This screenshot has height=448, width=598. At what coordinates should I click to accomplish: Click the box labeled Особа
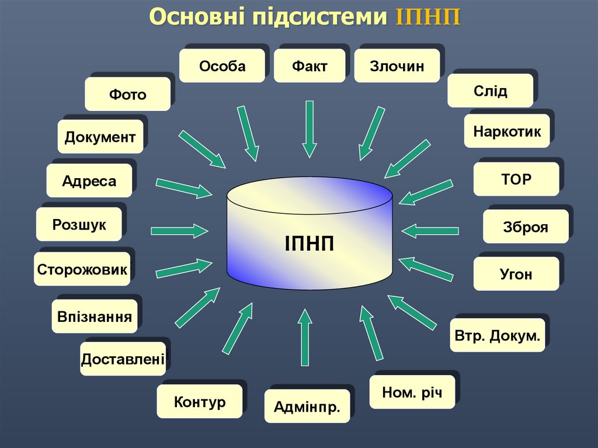pyautogui.click(x=222, y=66)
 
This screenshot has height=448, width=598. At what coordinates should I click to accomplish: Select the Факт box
pyautogui.click(x=310, y=66)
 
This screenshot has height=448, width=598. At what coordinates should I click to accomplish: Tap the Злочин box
pyautogui.click(x=397, y=66)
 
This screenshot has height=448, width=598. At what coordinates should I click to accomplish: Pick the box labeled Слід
pyautogui.click(x=490, y=91)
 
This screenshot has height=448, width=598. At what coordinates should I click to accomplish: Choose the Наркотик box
pyautogui.click(x=507, y=131)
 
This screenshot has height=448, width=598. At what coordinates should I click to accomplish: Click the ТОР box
pyautogui.click(x=516, y=179)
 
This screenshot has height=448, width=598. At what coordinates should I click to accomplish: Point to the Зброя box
pyautogui.click(x=525, y=227)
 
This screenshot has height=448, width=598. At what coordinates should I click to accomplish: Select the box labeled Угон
pyautogui.click(x=516, y=274)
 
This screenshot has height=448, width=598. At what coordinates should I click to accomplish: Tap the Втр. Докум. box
pyautogui.click(x=497, y=335)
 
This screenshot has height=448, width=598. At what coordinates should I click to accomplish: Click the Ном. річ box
pyautogui.click(x=412, y=391)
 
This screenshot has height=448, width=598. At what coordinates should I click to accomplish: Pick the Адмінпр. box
pyautogui.click(x=307, y=406)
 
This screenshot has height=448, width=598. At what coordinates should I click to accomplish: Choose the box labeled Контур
pyautogui.click(x=199, y=401)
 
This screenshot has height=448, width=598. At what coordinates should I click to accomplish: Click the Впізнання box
pyautogui.click(x=95, y=317)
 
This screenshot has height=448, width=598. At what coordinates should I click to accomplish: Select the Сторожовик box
pyautogui.click(x=82, y=269)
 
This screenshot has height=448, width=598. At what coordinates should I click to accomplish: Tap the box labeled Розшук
pyautogui.click(x=79, y=224)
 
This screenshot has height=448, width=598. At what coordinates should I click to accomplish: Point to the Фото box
pyautogui.click(x=127, y=94)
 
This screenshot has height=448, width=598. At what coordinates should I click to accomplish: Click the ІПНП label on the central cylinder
pyautogui.click(x=310, y=242)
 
